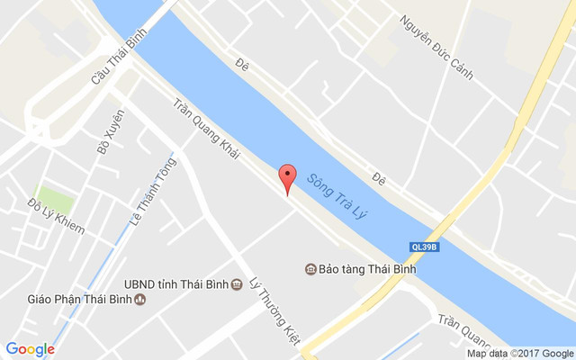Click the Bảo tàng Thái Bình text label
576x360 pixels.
[365, 269]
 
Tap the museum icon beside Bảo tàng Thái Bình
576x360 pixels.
[310, 269]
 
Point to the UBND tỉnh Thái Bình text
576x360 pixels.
[175, 284]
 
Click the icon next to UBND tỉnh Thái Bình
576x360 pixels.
[236, 284]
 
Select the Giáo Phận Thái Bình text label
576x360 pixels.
[78, 300]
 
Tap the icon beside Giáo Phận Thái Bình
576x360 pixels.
[139, 300]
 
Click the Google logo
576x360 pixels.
[30, 349]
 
